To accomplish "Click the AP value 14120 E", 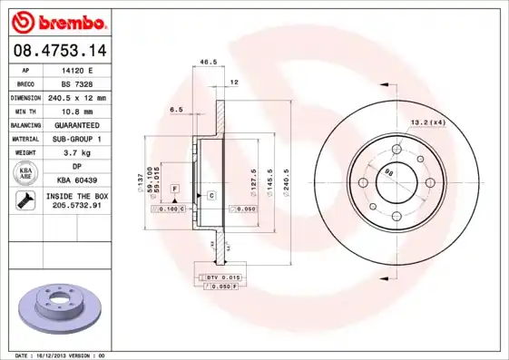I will [77, 70].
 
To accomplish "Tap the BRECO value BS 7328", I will [77, 83].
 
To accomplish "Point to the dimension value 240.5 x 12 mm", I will [77, 97].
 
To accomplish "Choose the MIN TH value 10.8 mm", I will [77, 111].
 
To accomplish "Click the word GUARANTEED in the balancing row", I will [77, 124].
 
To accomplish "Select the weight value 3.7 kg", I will [77, 153].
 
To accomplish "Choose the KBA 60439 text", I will [77, 180].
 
